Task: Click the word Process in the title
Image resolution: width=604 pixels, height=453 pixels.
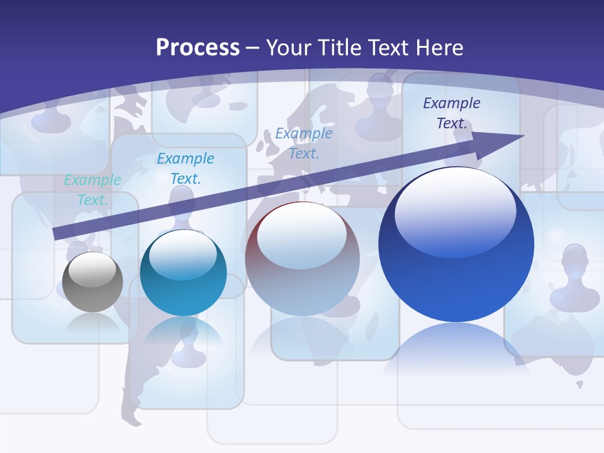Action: (x=198, y=48)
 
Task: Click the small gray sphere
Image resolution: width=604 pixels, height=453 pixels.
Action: (x=92, y=281)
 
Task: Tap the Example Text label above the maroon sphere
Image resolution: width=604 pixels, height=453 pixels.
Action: (x=304, y=143)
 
